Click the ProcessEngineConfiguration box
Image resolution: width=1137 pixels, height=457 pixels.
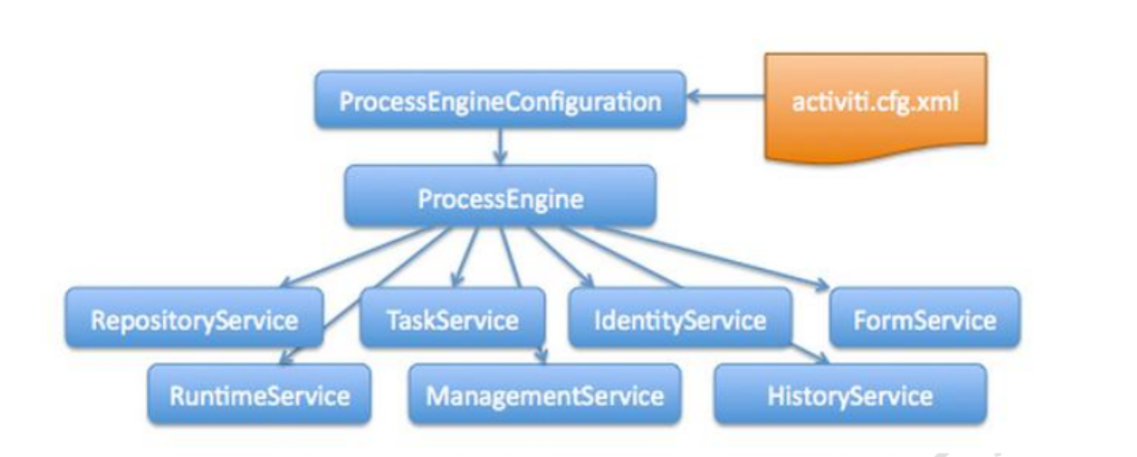[500, 100]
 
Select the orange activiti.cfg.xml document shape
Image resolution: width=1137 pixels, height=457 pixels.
[875, 104]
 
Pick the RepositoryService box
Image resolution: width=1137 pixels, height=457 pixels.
[194, 318]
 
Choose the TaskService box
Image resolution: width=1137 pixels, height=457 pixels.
[452, 318]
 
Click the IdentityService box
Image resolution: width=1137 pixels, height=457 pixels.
[679, 318]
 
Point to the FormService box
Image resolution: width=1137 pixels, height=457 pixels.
[924, 318]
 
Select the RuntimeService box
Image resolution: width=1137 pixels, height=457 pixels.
[259, 394]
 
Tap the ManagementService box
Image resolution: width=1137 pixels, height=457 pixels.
[544, 394]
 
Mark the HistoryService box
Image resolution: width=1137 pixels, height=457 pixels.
[850, 394]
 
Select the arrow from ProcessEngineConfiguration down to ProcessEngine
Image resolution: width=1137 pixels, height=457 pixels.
[500, 145]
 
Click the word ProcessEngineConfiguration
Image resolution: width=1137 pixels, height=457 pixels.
[500, 100]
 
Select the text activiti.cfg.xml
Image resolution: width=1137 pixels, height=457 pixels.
[875, 100]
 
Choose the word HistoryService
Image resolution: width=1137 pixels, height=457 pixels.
[850, 395]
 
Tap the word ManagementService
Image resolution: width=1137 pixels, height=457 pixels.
[544, 395]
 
